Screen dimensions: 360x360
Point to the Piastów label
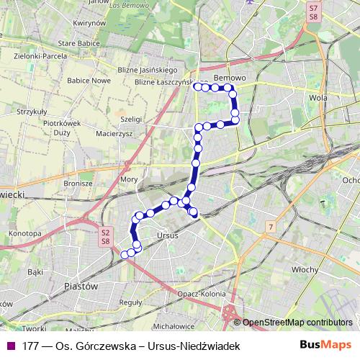81,286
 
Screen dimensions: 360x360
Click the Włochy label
305,269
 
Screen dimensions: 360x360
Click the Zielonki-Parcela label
35,54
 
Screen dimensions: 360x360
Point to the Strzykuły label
32,112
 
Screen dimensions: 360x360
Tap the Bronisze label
78,183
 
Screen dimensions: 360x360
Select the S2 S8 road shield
105,237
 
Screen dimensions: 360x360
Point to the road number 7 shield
270,228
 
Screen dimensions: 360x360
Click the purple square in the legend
12,346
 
